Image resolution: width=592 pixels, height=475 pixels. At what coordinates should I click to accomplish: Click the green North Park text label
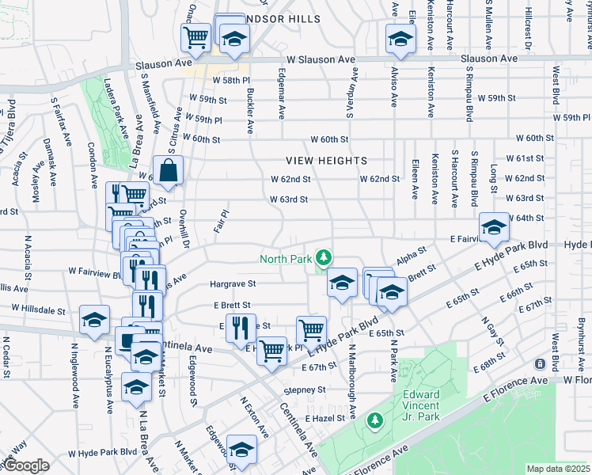(x=286, y=258)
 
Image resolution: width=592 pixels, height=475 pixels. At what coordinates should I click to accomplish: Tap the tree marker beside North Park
(x=323, y=257)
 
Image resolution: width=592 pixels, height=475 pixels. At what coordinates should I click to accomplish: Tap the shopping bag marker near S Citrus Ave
(x=169, y=170)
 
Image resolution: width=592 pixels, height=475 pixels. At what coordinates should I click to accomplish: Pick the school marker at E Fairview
(x=495, y=228)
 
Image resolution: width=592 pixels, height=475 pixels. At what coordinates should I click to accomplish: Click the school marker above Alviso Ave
(x=400, y=39)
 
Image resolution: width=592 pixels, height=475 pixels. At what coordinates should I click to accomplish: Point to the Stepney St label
(x=305, y=389)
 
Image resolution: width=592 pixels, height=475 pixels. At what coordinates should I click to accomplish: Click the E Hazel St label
(x=324, y=417)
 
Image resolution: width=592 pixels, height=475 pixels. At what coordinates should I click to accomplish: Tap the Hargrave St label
(x=233, y=283)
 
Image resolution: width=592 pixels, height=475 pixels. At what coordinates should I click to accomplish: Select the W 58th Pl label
(x=230, y=81)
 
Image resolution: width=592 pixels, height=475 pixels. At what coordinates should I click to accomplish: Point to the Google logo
(x=26, y=465)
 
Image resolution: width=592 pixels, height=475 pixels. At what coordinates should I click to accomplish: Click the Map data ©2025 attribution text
(x=558, y=469)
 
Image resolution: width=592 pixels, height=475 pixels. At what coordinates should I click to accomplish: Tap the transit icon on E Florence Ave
(x=539, y=364)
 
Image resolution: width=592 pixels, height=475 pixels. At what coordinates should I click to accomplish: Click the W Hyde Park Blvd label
(x=102, y=454)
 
